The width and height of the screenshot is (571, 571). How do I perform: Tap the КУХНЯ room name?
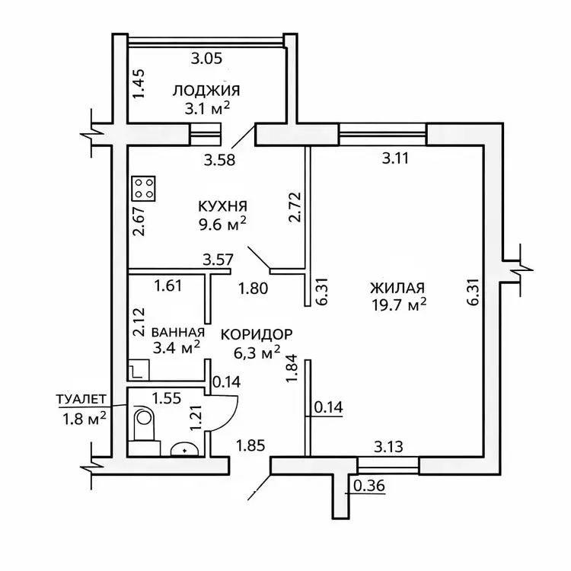223,206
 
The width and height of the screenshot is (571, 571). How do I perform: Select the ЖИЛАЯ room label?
397,288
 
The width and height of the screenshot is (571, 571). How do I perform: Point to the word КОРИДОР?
257,334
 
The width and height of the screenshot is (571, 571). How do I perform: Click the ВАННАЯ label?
178,332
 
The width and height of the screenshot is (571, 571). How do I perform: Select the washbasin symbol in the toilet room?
184,449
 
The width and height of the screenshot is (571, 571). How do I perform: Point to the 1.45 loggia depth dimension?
138,83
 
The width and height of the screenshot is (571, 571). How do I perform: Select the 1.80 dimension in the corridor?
254,289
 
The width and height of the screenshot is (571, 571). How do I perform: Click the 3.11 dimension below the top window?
397,159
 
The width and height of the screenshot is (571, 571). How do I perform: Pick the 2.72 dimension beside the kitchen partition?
295,206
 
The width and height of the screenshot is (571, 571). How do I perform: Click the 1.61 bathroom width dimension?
168,286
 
